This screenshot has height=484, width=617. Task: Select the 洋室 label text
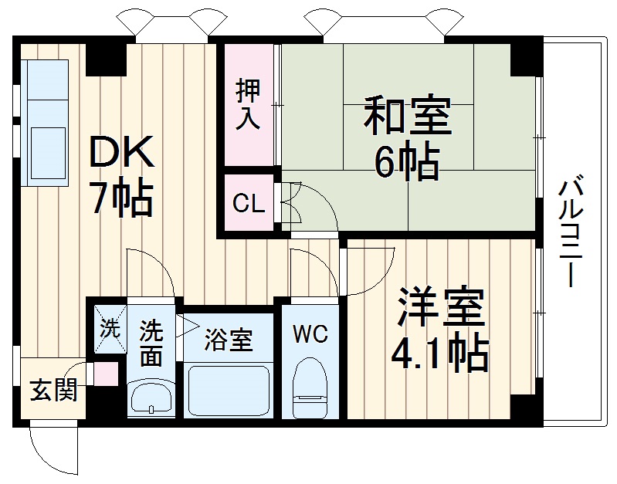(x=441, y=310)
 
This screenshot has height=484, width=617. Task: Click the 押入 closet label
(x=249, y=106)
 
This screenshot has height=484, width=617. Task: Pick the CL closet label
(x=249, y=205)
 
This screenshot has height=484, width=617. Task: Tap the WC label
(x=310, y=334)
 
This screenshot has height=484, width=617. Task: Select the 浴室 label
(x=229, y=340)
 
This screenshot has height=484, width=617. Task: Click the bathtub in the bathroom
(x=229, y=390)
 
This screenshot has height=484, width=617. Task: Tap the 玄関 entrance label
(x=53, y=391)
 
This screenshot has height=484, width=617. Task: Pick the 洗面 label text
(x=151, y=344)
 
